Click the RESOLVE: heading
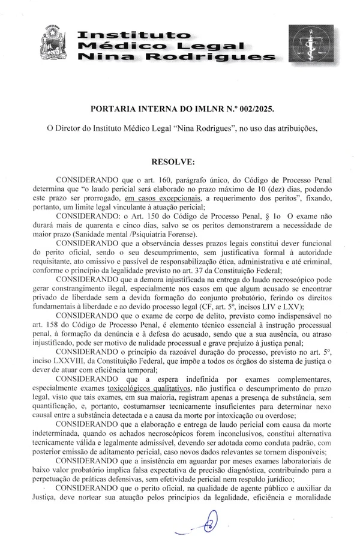173,161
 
